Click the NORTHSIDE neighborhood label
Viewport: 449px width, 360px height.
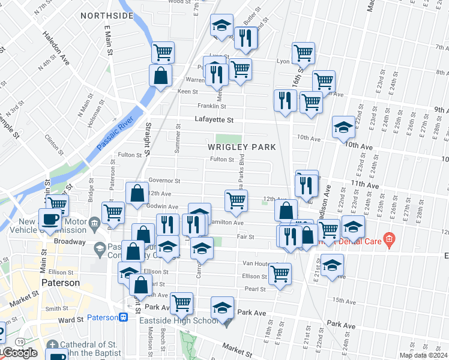(106, 16)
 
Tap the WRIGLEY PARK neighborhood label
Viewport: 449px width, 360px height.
(242, 147)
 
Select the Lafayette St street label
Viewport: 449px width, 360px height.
(213, 119)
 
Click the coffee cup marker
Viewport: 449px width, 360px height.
(50, 219)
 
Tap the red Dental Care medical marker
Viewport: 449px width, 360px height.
(388, 241)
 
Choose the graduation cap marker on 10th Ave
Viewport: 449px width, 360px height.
(343, 127)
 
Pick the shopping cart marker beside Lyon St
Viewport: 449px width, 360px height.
(303, 52)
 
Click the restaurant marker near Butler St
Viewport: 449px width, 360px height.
(246, 37)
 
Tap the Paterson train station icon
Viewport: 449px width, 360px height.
(124, 317)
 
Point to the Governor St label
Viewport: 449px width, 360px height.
(164, 181)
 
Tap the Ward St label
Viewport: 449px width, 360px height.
(71, 320)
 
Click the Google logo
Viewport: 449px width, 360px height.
(19, 353)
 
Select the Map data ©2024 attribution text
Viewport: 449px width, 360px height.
(423, 355)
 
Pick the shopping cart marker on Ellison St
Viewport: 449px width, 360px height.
(280, 273)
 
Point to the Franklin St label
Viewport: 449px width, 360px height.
(211, 106)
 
